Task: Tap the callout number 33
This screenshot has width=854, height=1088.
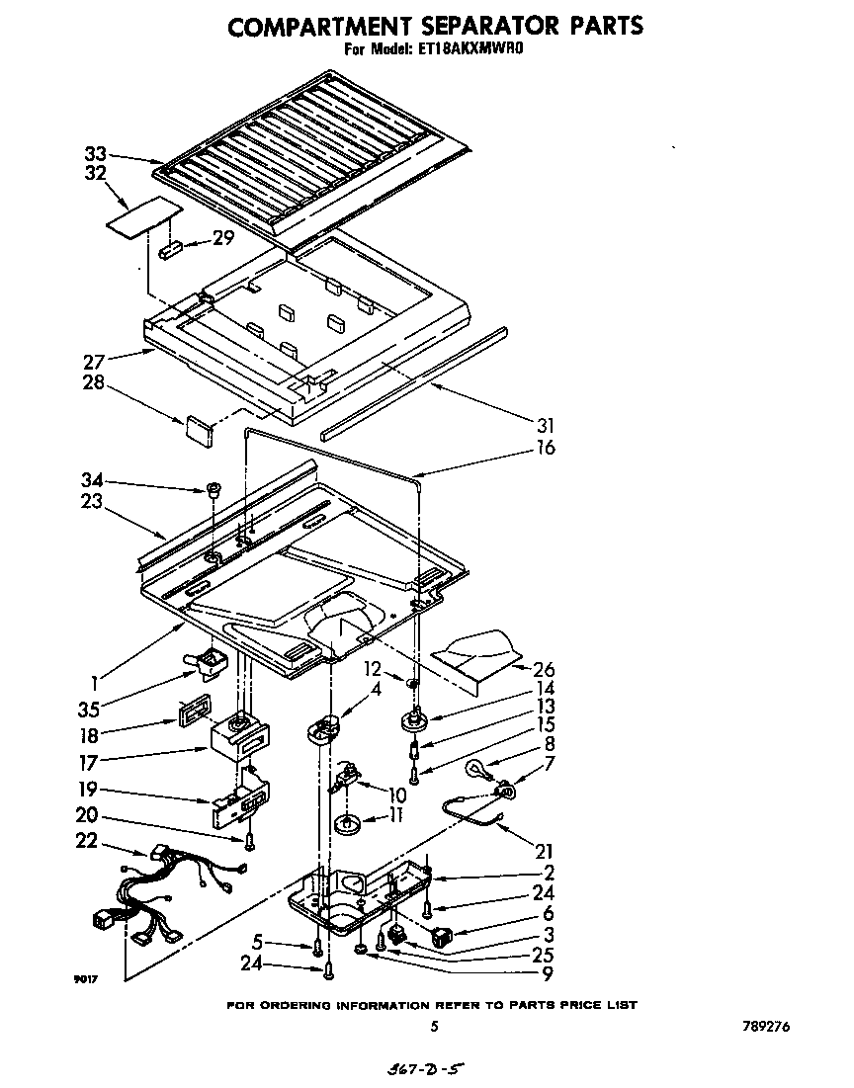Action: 95,153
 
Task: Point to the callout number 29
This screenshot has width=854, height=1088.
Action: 223,238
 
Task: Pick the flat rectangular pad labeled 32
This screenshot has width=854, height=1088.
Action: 143,218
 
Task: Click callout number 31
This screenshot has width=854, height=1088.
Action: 545,427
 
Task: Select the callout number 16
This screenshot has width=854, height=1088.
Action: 545,448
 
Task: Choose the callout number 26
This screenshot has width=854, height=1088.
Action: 545,669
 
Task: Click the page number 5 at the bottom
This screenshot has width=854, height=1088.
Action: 434,1027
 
